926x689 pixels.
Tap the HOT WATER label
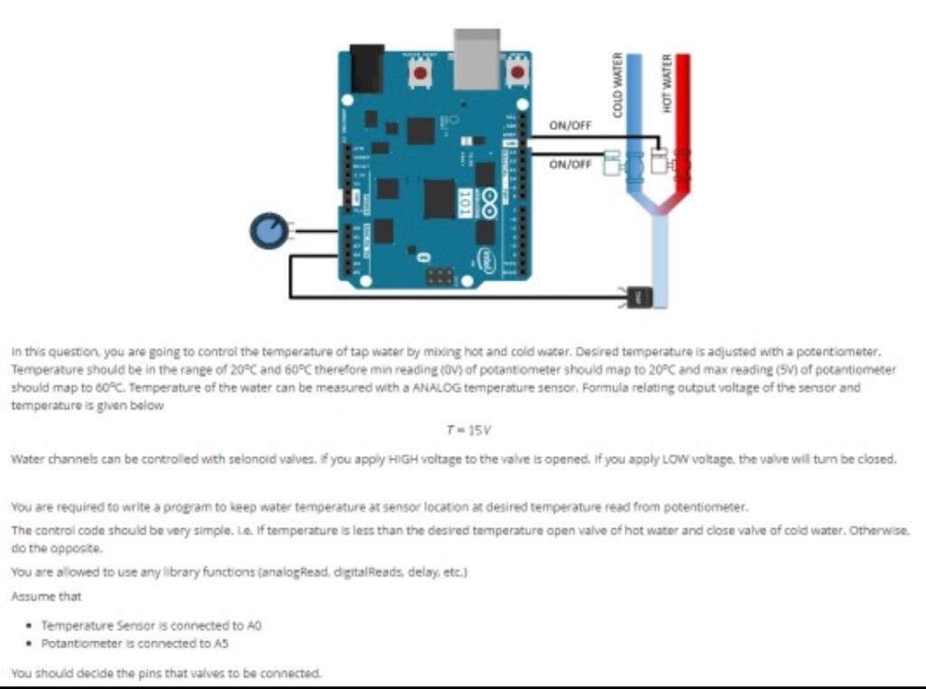click(x=667, y=84)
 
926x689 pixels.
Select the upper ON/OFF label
click(x=570, y=126)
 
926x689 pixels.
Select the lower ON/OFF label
click(x=570, y=165)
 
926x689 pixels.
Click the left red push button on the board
click(x=420, y=73)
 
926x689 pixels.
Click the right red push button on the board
click(x=517, y=72)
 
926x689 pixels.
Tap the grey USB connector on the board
click(x=477, y=58)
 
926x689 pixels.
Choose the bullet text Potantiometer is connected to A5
click(x=135, y=643)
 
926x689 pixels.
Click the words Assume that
click(x=46, y=597)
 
